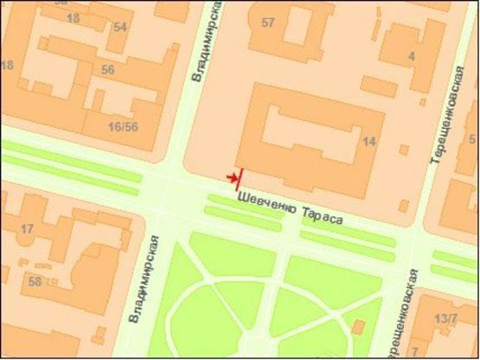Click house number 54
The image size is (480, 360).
click(119, 27)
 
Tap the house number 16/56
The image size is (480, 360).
click(123, 127)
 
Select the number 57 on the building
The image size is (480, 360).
click(268, 22)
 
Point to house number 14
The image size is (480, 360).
click(370, 141)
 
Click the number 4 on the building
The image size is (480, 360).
click(412, 57)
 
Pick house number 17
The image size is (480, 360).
click(27, 229)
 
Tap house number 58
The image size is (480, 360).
click(35, 282)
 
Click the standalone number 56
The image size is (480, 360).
click(108, 70)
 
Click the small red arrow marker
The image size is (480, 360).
click(231, 177)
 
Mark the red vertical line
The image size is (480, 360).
click(239, 177)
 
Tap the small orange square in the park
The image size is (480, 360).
click(357, 326)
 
